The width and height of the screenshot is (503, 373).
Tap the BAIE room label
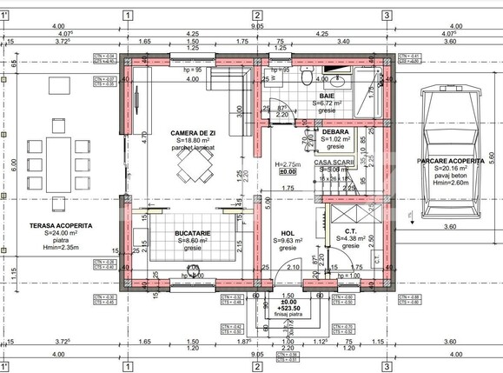coord(327,96)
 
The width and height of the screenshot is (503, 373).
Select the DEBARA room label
coord(335,130)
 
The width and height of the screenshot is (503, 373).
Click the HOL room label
coord(288,233)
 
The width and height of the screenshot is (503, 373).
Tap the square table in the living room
coord(193,174)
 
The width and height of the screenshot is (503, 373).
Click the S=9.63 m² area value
coord(288,242)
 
